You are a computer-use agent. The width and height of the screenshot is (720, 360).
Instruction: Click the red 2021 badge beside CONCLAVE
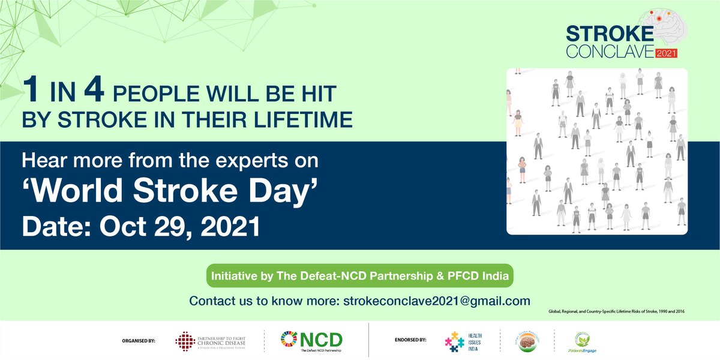point(666,53)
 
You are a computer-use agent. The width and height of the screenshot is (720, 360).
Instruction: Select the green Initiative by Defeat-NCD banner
point(359,277)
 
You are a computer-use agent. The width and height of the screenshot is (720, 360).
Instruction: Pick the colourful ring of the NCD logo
point(289,339)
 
